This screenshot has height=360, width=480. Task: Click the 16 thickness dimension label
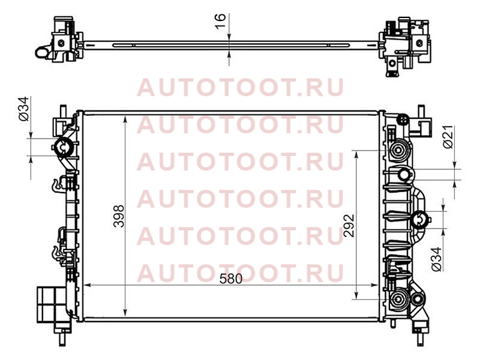[x=220, y=21]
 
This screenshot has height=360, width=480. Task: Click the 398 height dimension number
[x=119, y=216]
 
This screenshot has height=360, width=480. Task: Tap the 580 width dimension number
[x=231, y=279]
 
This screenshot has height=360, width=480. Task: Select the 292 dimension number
[x=349, y=226]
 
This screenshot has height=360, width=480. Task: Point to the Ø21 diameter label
[x=448, y=137]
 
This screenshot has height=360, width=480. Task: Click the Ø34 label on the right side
[x=437, y=259]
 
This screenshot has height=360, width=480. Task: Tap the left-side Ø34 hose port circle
[x=64, y=148]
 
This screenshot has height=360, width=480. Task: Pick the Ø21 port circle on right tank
[x=404, y=175]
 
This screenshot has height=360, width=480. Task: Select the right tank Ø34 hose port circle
[x=419, y=220]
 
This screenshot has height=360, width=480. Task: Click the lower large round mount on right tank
[x=398, y=299]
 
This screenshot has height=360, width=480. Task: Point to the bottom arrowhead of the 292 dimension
[x=356, y=295]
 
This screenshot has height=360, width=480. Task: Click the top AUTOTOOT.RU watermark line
[x=241, y=88]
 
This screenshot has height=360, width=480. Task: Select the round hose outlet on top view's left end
[x=41, y=52]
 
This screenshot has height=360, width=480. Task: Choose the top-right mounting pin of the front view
[x=421, y=111]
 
